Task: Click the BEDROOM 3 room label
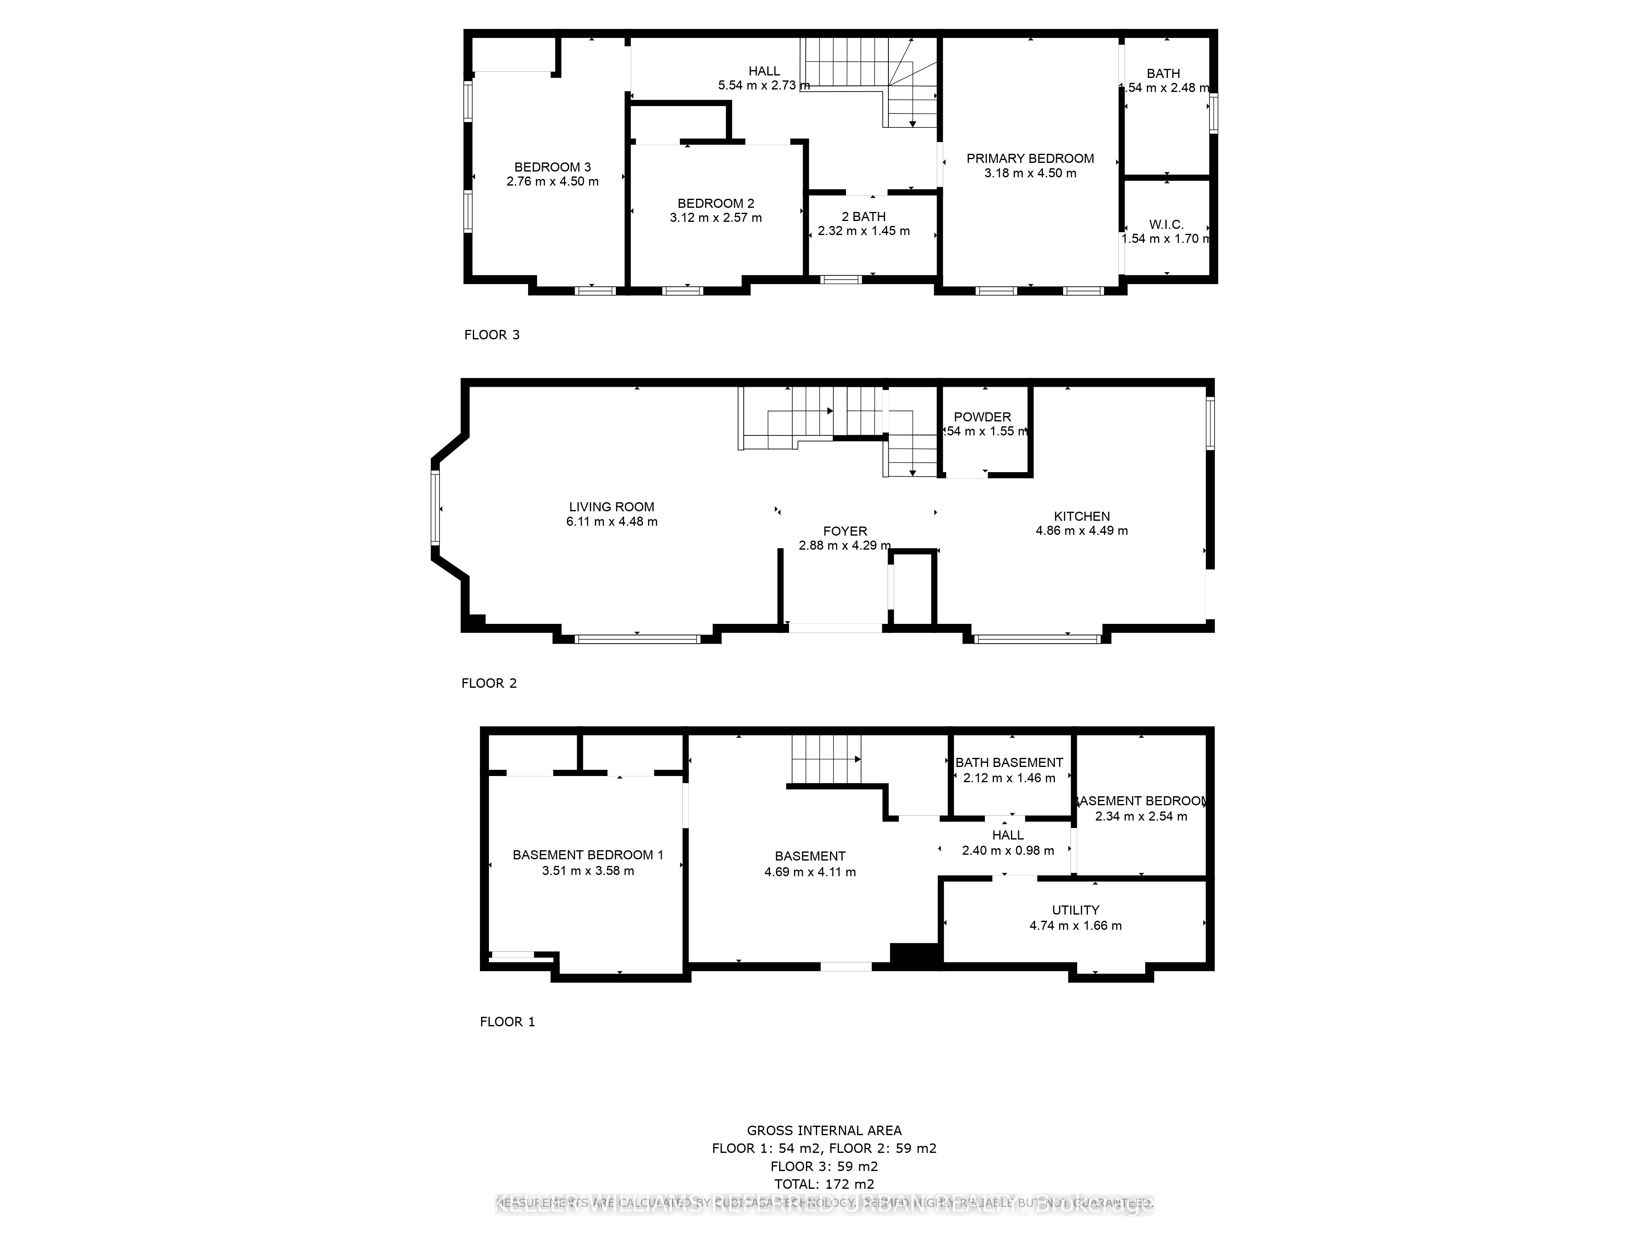coord(552,167)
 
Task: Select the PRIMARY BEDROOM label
coord(1030,158)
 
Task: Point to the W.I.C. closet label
coord(1166,224)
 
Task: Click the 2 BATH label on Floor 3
coord(863,216)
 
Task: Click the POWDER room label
coord(982,417)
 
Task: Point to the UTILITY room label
coord(1075,910)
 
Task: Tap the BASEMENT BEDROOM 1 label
coord(587,855)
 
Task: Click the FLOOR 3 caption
coord(491,335)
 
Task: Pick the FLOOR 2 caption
coord(488,683)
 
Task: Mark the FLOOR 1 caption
coord(507,1021)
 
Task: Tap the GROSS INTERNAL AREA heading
coord(824,1130)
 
